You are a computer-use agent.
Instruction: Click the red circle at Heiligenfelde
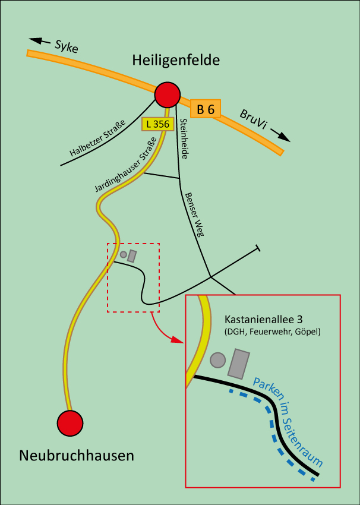pyautogui.click(x=167, y=95)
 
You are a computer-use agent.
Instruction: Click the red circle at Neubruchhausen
pyautogui.click(x=70, y=423)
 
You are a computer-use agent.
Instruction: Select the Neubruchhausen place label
pyautogui.click(x=77, y=456)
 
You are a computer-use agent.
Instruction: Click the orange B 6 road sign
pyautogui.click(x=206, y=109)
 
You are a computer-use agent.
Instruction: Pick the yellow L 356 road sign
pyautogui.click(x=157, y=124)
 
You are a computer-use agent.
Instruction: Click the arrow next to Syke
pyautogui.click(x=40, y=41)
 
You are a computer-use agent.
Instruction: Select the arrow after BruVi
pyautogui.click(x=283, y=137)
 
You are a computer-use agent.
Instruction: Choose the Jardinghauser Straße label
pyautogui.click(x=125, y=165)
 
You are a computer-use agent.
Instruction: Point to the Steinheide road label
pyautogui.click(x=184, y=138)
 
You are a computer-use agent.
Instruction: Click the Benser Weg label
pyautogui.click(x=194, y=214)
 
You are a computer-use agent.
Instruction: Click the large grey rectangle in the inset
pyautogui.click(x=239, y=364)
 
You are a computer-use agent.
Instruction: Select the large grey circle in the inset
pyautogui.click(x=218, y=360)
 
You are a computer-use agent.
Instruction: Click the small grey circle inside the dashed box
pyautogui.click(x=124, y=254)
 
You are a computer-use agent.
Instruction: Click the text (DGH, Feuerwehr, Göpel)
pyautogui.click(x=273, y=332)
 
